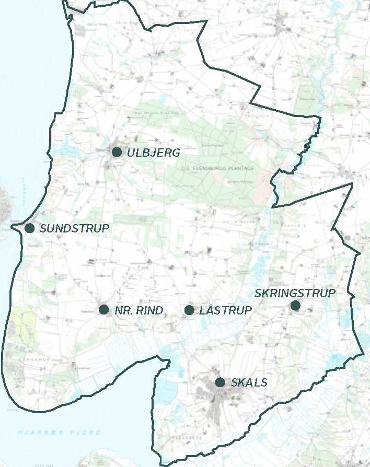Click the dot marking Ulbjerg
coord(117,152)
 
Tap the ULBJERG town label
coord(153,153)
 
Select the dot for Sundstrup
coord(30,228)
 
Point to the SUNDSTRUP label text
coord(74,228)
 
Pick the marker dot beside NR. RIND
coord(103,309)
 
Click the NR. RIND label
coord(138,310)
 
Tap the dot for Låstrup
coord(189,310)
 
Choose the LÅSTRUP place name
coord(226,310)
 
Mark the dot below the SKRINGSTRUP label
coord(295,305)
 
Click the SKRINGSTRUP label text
coord(295,293)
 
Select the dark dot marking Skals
coord(220,382)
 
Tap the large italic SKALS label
coord(249,383)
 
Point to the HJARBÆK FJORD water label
coord(59,433)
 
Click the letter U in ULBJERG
coord(130,153)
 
